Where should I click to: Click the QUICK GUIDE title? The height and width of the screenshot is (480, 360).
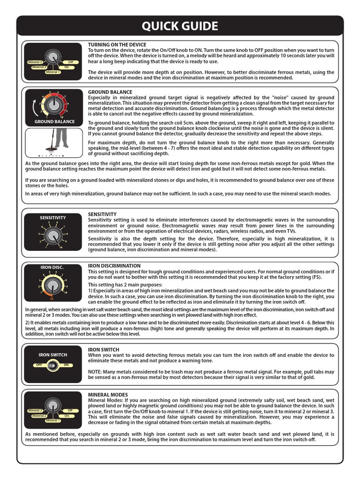coord(180,26)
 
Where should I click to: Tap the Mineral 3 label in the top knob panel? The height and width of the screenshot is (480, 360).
coord(35,62)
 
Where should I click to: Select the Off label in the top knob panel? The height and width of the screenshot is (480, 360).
coord(70,62)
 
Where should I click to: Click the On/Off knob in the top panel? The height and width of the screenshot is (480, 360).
coord(53,58)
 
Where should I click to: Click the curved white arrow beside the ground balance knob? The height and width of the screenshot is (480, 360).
coord(33,108)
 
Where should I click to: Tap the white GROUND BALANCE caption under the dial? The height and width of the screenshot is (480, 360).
coord(54,122)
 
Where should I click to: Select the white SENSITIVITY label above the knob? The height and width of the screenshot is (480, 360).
coord(53,217)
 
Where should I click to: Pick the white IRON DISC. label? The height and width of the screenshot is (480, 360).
coord(52,268)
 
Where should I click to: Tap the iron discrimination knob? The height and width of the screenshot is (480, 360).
coord(53,284)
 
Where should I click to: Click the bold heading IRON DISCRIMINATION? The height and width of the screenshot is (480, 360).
coord(114,266)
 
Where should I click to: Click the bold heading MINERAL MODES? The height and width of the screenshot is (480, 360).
coord(108,395)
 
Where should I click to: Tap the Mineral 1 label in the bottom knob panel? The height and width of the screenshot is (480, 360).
coord(53,420)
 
